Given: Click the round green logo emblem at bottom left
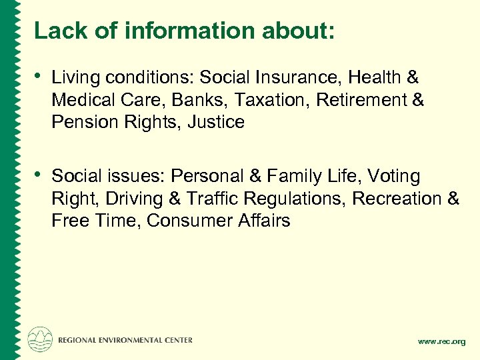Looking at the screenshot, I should [x=39, y=339].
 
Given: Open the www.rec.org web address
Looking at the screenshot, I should [x=441, y=341].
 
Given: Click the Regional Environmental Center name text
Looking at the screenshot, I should [x=125, y=340].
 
